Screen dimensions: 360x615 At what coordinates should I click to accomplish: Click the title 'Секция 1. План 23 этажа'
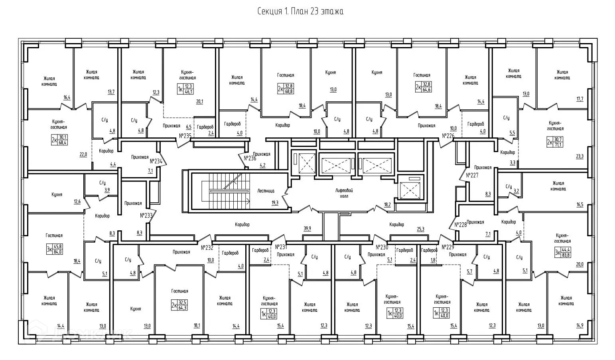coord(300,11)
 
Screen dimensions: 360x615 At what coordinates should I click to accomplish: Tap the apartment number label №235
coord(185,136)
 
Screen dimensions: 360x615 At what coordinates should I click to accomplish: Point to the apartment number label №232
coord(207,247)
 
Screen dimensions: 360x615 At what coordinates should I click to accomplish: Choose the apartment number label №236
coord(250,158)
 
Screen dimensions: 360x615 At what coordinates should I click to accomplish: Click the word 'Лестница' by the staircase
coord(265,191)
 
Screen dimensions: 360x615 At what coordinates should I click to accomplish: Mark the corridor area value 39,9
coord(307,228)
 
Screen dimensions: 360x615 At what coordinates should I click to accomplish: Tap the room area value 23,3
coord(580,156)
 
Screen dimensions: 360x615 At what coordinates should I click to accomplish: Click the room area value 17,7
coord(580,99)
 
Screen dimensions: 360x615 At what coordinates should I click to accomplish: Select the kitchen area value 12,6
coord(77,202)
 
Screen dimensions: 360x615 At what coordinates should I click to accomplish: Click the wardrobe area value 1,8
coord(434,260)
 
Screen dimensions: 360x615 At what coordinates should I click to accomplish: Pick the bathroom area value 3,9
coord(107,190)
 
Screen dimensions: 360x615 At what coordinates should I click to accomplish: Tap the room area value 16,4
coord(67,97)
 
